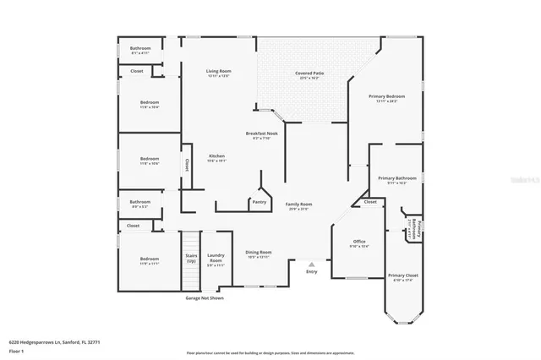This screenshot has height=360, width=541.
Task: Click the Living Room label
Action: (218, 73)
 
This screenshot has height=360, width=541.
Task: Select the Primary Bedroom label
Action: (385, 98)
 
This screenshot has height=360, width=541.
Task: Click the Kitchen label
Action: (217, 157)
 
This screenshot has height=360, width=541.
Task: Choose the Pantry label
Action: (258, 202)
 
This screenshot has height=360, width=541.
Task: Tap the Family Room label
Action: (298, 205)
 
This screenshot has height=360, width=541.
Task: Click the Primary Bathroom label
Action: (396, 179)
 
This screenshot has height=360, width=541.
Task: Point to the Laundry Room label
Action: (216, 259)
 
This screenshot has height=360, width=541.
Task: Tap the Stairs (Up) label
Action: (191, 258)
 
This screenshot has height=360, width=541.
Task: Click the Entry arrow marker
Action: (311, 264)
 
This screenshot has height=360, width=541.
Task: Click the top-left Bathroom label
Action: (140, 50)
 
